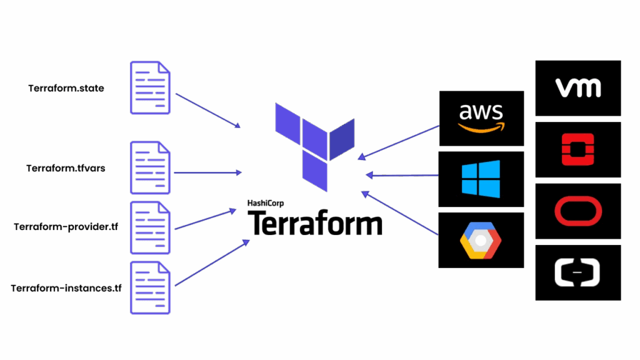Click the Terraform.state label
[x=66, y=88]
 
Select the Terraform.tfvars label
[x=66, y=168]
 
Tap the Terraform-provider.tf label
[x=66, y=227]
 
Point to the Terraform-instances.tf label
[x=66, y=288]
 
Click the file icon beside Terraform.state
[x=150, y=87]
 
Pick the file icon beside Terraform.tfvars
[x=150, y=167]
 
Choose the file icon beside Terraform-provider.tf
[x=150, y=227]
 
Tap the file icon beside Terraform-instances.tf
[x=150, y=287]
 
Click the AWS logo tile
[x=481, y=118]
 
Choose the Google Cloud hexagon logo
[x=481, y=239]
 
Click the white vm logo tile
[x=578, y=87]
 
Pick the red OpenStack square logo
[x=578, y=149]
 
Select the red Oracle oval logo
[x=578, y=211]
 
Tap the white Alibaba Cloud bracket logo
[x=578, y=272]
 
